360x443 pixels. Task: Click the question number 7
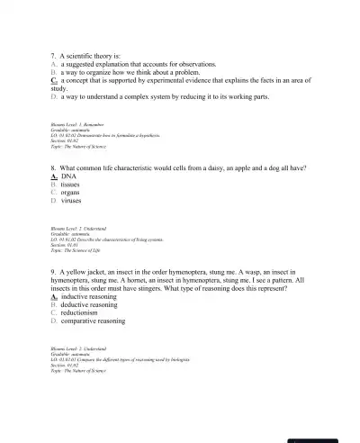tap(54, 55)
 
